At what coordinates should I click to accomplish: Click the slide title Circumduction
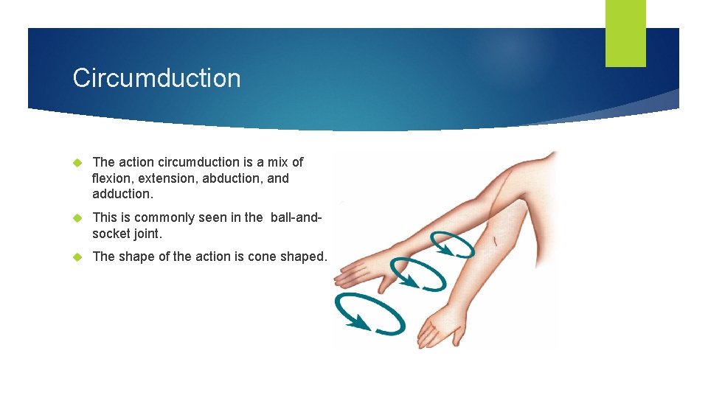[156, 78]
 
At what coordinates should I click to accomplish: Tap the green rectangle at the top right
[625, 32]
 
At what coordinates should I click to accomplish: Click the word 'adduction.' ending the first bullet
[123, 195]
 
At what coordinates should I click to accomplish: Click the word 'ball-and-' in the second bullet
[296, 217]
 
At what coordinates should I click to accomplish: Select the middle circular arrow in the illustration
[418, 275]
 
